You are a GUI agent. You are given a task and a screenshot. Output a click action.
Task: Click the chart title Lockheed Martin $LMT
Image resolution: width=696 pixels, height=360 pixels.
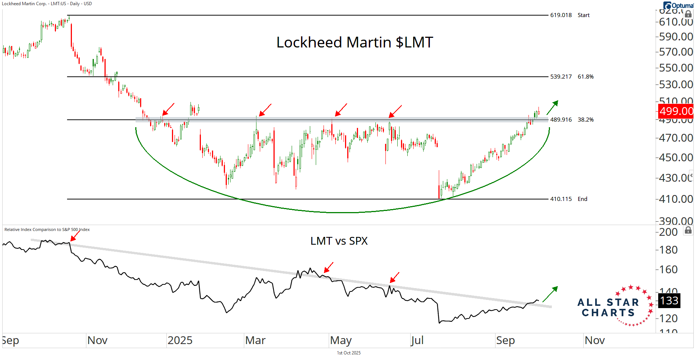coord(355,42)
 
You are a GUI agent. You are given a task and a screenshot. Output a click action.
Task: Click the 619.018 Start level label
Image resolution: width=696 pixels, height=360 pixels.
coord(570,15)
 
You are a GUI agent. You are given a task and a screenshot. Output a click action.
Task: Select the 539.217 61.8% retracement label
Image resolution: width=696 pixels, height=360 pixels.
coord(571,77)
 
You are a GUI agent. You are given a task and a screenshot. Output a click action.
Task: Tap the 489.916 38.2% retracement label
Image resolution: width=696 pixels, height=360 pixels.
coord(571,120)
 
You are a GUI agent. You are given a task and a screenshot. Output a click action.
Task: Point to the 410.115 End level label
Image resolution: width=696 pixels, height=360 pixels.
coord(569,199)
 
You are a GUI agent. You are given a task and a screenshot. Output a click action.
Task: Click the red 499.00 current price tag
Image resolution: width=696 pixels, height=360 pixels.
coord(676,111)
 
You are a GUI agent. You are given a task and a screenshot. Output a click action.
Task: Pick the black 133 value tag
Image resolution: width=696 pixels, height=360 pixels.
coord(669,300)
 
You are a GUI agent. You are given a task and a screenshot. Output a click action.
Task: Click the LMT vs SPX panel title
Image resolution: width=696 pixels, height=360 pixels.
coord(339,241)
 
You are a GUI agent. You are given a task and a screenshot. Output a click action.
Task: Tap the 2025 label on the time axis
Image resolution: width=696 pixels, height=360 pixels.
coord(180,340)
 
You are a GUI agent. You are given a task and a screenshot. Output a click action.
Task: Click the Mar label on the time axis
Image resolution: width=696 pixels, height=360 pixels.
coord(255,340)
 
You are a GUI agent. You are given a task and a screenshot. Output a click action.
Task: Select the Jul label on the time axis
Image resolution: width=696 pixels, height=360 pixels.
coord(417,340)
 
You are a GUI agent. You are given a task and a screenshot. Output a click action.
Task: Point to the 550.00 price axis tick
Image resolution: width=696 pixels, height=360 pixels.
coord(676,68)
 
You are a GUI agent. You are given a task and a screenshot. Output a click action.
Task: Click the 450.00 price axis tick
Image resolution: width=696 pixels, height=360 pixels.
coord(676,158)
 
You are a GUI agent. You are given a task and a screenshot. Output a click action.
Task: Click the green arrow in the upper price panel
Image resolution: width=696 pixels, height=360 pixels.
coord(552,107)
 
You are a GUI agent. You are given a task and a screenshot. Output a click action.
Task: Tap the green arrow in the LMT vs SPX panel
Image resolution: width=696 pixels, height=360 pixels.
coord(550,294)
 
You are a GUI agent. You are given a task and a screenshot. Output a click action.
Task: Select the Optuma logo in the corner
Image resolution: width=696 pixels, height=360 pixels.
coord(678,6)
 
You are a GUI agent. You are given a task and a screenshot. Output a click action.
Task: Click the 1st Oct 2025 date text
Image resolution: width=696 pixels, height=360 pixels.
coord(348,353)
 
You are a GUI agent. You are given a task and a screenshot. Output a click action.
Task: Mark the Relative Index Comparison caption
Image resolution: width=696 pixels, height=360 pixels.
coord(47,229)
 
